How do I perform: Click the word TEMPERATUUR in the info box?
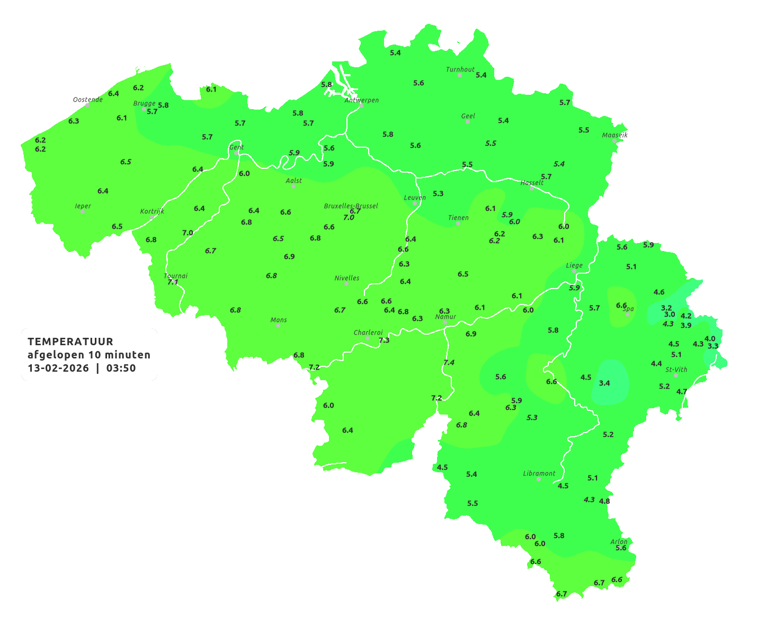70,342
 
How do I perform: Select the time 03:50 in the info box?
121,368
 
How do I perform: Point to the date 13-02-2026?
58,368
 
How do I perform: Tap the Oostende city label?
87,100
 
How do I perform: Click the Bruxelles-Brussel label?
351,205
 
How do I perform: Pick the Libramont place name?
539,473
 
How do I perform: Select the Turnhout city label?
460,69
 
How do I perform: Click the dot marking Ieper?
83,212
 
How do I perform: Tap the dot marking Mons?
278,326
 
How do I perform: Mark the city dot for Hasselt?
532,188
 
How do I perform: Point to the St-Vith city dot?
676,375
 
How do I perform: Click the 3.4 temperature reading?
604,383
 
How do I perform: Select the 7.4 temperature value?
449,362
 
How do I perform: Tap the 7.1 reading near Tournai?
173,282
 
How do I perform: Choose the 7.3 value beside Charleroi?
384,340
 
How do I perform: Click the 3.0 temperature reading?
670,314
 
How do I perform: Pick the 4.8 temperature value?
604,501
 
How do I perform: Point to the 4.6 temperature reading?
659,292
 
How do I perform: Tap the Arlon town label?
618,542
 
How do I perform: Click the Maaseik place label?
614,135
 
